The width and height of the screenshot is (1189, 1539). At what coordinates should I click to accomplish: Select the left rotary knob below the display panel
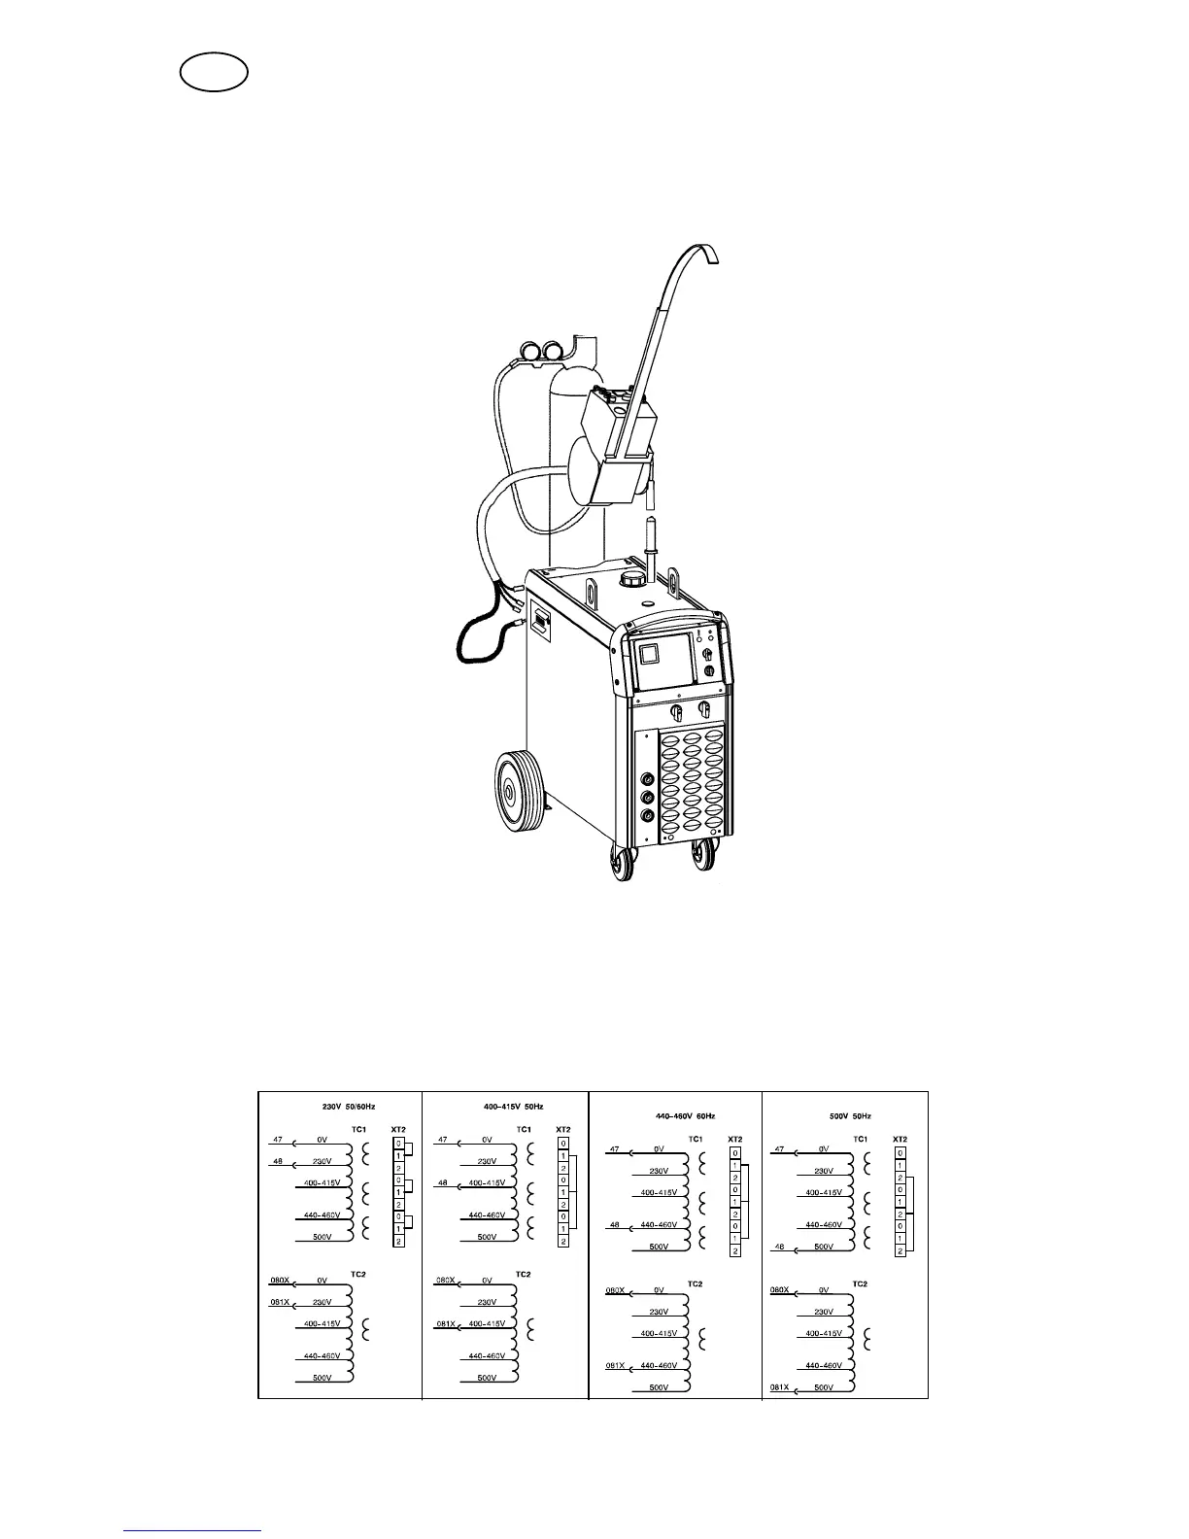[x=677, y=714]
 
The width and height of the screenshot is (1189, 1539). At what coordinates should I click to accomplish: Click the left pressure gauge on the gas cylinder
[x=532, y=350]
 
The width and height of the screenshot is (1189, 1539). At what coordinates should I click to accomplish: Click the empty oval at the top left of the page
[x=214, y=73]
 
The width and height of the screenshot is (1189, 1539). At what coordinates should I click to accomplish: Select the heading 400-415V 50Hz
[x=514, y=1106]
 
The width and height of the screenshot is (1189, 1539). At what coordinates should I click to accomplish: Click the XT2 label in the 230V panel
[x=398, y=1129]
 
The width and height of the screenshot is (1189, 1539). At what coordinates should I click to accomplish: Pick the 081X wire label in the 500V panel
[x=780, y=1386]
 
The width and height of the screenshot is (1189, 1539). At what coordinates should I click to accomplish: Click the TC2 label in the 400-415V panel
[x=523, y=1274]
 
